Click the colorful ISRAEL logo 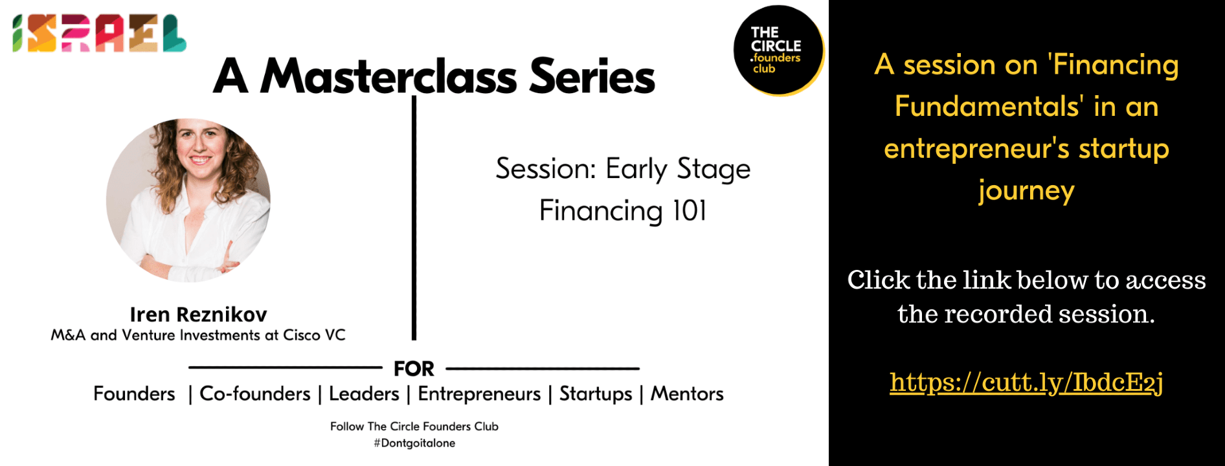[99, 33]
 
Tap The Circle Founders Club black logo [778, 50]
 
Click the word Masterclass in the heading [388, 76]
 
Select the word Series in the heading [592, 76]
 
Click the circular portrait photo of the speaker [188, 200]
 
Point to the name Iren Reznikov [198, 315]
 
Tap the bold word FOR [414, 369]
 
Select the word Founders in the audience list [134, 394]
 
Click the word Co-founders [255, 394]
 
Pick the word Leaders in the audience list [364, 394]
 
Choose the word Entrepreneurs [479, 394]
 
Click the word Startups [596, 394]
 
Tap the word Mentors [687, 394]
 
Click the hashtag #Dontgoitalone [414, 443]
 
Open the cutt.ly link [1026, 383]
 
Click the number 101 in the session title [690, 211]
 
